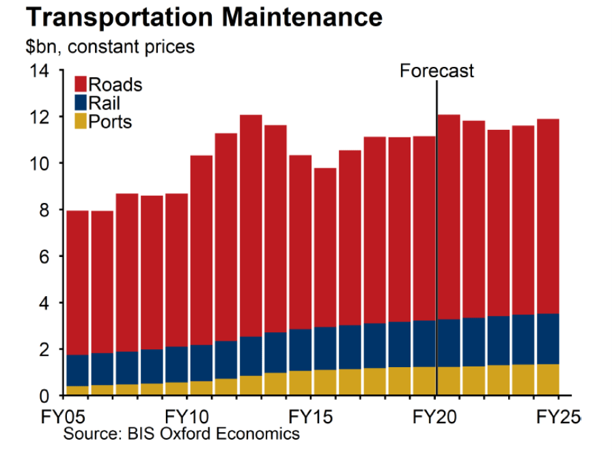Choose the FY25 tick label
[557, 416]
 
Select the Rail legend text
[105, 103]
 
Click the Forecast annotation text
[436, 70]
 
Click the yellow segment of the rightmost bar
[547, 379]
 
